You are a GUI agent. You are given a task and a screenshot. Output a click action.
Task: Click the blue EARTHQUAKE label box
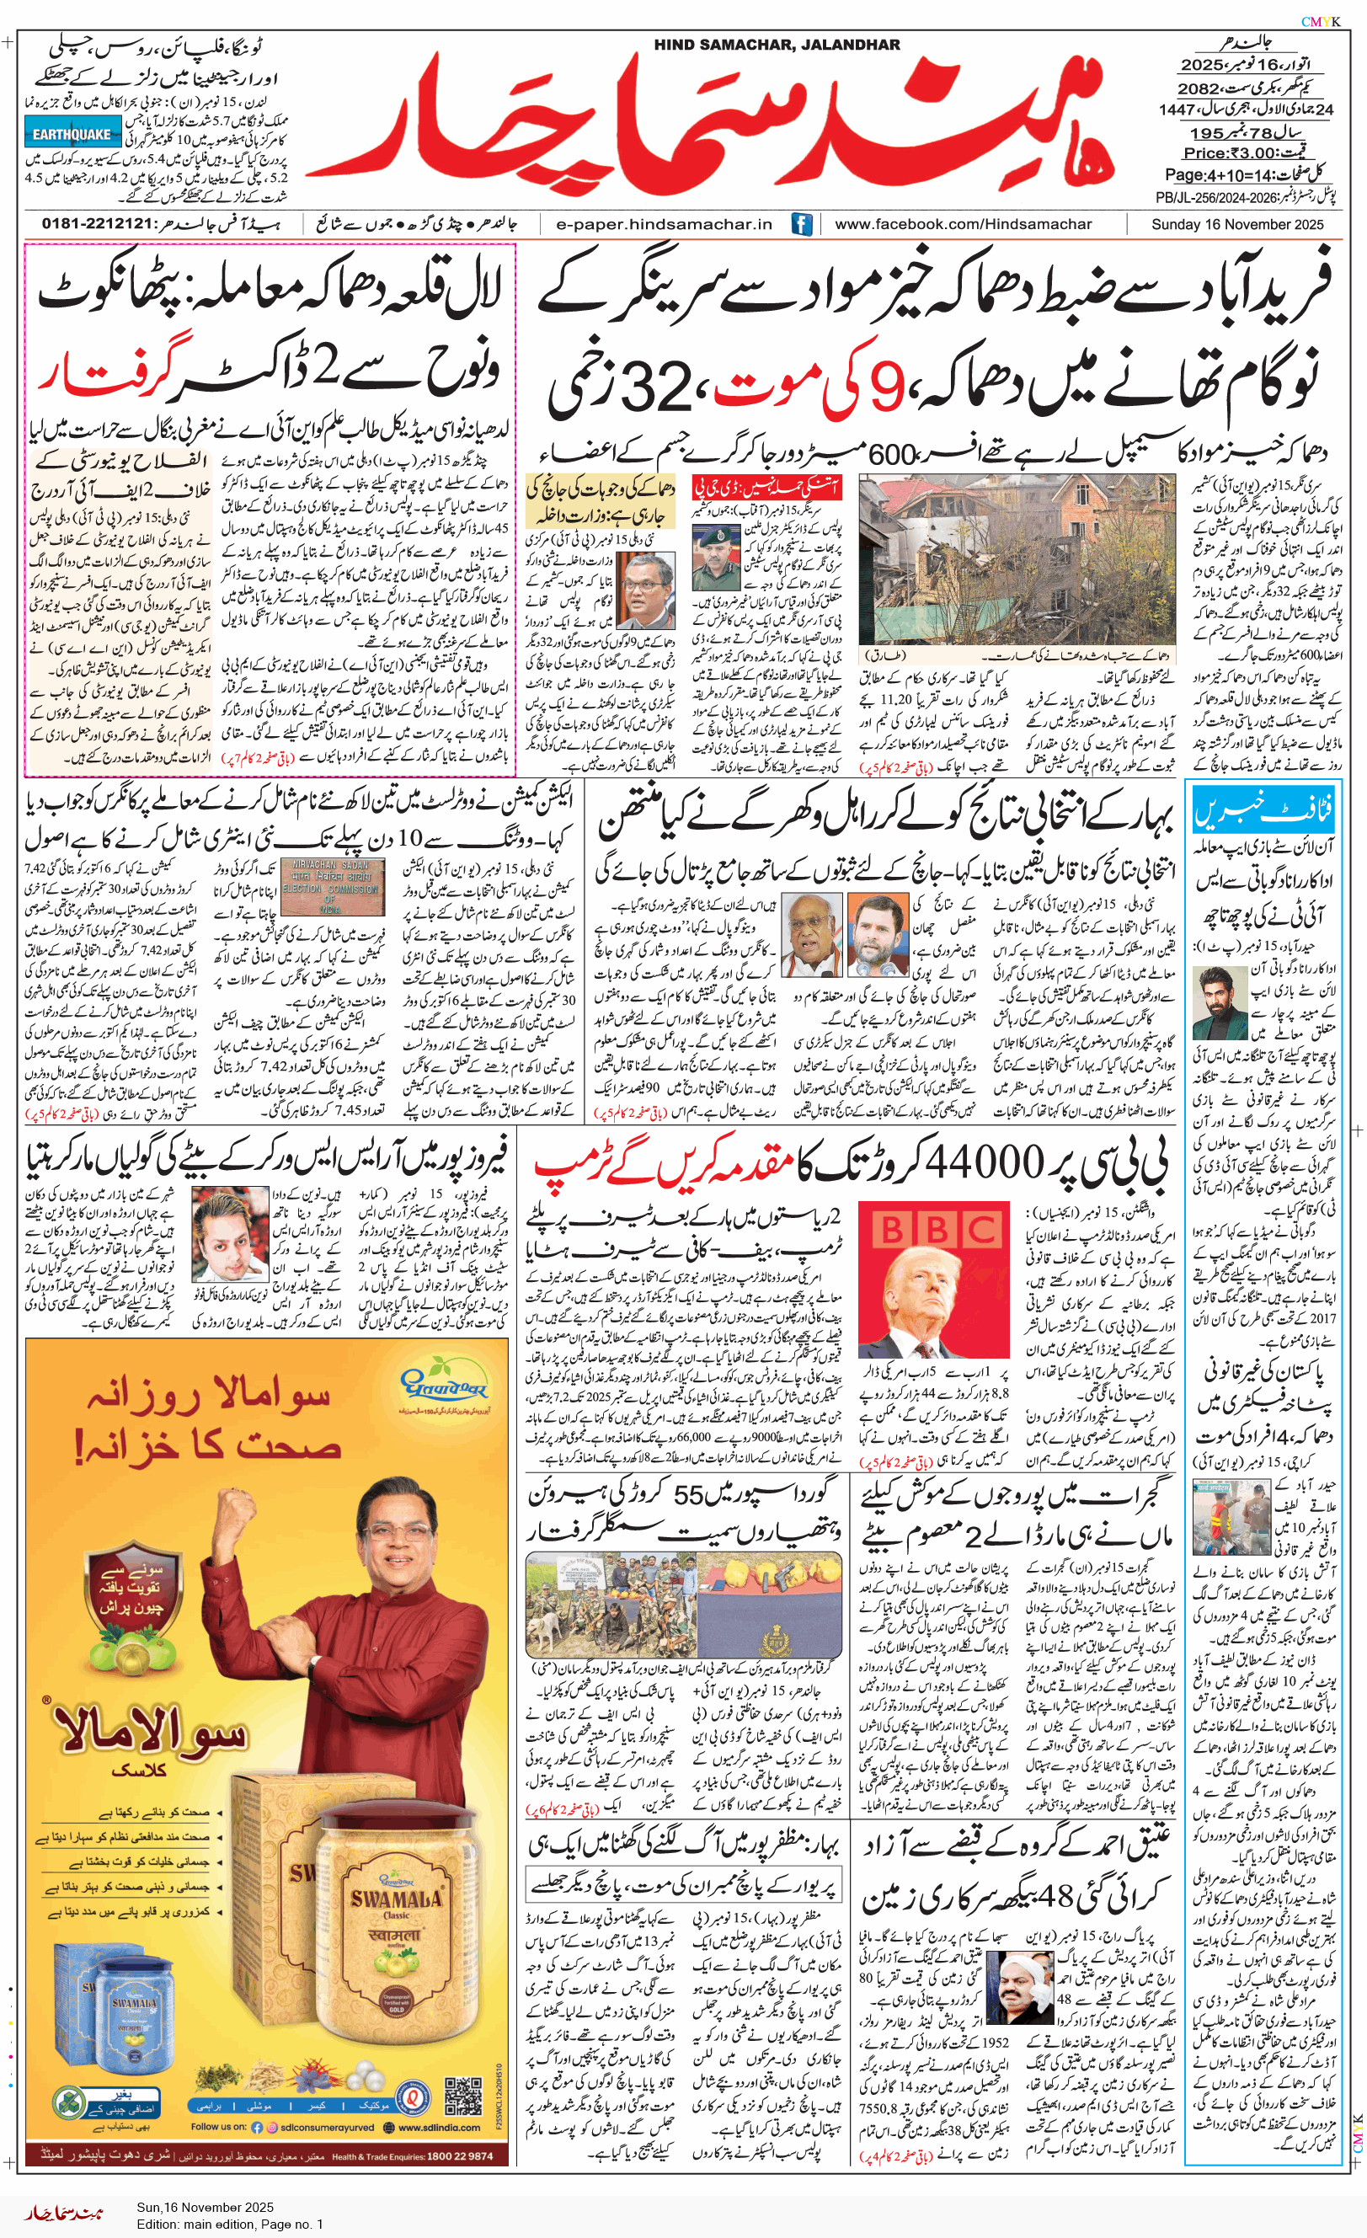72,134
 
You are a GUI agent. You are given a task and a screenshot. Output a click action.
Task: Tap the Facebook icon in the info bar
801,224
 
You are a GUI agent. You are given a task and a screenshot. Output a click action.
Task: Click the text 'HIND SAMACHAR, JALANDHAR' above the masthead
777,45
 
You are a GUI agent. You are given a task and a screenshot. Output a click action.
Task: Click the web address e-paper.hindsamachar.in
663,224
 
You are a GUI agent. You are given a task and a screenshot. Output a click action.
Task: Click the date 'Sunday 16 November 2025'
1237,224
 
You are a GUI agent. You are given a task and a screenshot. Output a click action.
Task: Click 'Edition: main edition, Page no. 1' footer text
230,2225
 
